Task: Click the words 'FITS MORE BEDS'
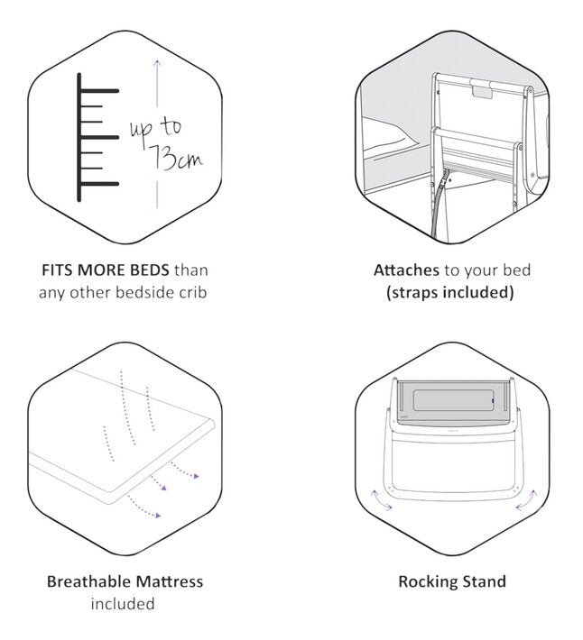pyautogui.click(x=105, y=270)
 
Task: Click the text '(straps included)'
pyautogui.click(x=449, y=293)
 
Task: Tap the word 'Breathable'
pyautogui.click(x=87, y=581)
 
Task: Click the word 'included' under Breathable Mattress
pyautogui.click(x=122, y=604)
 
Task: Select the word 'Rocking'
pyautogui.click(x=428, y=581)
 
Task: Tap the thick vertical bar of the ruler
pyautogui.click(x=80, y=136)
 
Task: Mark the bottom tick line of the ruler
pyautogui.click(x=98, y=183)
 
